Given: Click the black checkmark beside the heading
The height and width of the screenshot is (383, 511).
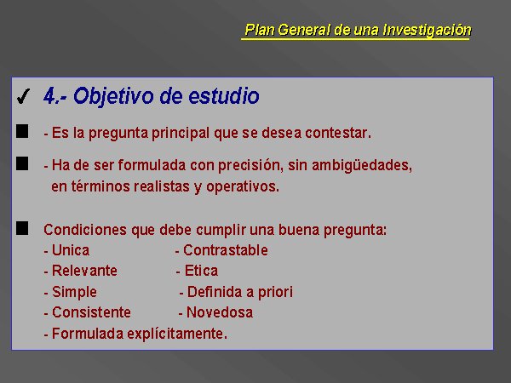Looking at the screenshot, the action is [x=24, y=96].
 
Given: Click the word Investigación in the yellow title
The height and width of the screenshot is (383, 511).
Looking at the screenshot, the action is [x=427, y=30].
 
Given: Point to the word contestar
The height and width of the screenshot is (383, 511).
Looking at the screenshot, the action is [x=338, y=133].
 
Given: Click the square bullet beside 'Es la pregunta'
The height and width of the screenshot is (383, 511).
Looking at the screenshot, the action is [x=22, y=131].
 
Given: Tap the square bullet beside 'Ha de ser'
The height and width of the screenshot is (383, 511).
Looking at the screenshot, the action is [x=22, y=163].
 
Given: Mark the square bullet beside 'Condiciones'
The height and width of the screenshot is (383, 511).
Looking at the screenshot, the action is [x=22, y=228].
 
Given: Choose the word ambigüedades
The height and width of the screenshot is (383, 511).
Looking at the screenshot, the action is [x=362, y=165].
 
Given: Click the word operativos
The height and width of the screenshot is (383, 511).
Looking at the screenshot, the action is [x=243, y=187].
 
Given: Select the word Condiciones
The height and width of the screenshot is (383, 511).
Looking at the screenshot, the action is [x=85, y=230].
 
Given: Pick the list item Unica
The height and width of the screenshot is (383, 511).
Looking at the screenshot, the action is [x=71, y=250].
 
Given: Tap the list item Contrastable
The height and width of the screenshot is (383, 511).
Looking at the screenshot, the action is [x=226, y=250].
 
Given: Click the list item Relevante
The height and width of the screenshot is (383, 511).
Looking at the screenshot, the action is [x=84, y=271].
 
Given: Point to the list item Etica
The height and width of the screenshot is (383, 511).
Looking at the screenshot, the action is [x=201, y=271].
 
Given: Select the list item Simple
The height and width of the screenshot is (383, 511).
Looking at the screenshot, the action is [x=74, y=292].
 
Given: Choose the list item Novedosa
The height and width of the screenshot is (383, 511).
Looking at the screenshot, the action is [x=220, y=312].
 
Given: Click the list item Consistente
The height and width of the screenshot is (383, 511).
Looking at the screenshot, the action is [x=91, y=312].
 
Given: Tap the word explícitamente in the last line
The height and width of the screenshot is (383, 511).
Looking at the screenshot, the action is [x=177, y=334].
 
